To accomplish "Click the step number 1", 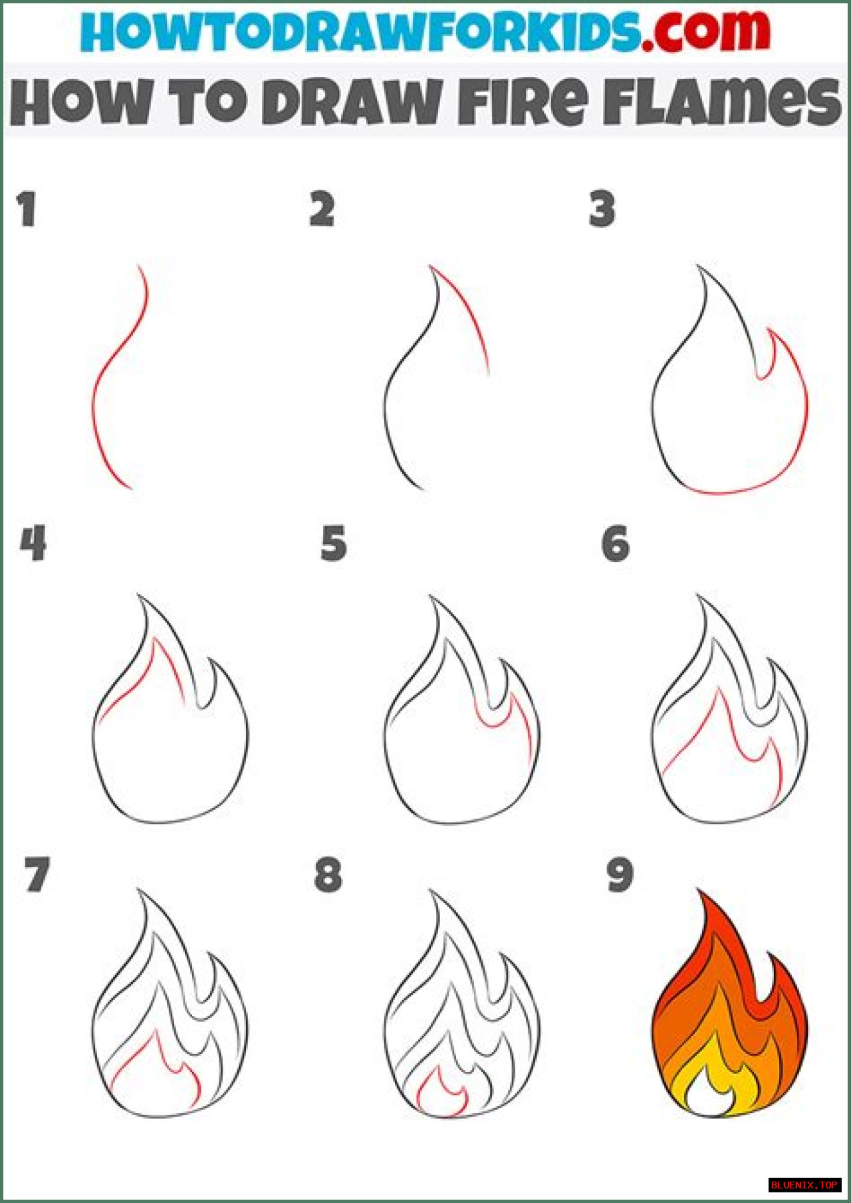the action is click(x=27, y=209).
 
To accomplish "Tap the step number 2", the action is click(x=322, y=209).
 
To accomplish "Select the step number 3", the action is click(x=602, y=209).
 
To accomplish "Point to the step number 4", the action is click(x=33, y=543).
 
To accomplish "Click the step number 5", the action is click(x=334, y=543).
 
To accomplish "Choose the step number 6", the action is click(x=616, y=543).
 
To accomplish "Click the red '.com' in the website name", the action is click(x=706, y=31).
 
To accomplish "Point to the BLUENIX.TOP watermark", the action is click(x=804, y=1185).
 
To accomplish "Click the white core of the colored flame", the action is click(x=709, y=1096).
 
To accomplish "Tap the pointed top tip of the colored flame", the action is click(x=699, y=890).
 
